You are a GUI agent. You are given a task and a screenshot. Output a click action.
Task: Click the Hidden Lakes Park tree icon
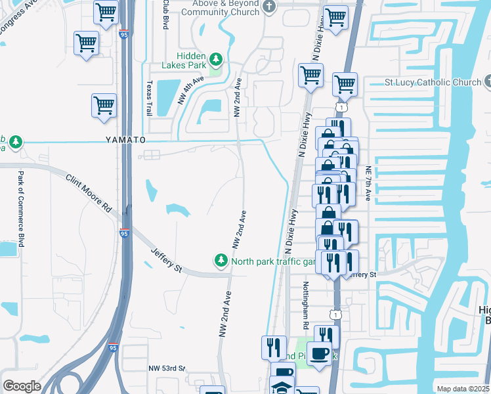coord(216,62)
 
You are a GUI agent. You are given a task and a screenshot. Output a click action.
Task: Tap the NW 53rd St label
coord(167,369)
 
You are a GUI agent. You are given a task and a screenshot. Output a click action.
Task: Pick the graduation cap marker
coord(283,387)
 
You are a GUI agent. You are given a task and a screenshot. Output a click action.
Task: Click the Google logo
coord(22,386)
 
